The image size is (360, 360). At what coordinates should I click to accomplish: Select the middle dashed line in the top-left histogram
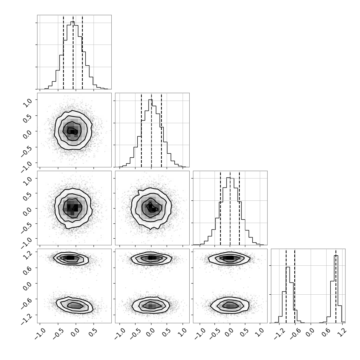click(73, 52)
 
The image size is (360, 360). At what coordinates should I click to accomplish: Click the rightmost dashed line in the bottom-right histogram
click(336, 286)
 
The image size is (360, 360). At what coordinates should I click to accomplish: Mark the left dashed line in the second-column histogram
click(141, 130)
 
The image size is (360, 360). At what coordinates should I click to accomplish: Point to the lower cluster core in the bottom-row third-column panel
click(230, 305)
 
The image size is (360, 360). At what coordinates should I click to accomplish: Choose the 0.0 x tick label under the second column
click(150, 333)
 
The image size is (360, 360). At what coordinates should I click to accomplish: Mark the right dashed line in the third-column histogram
click(239, 208)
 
